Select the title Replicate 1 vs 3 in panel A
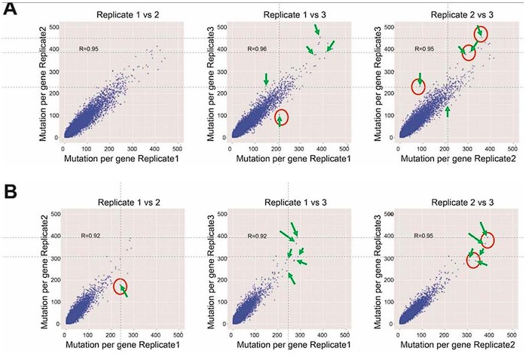click(x=284, y=14)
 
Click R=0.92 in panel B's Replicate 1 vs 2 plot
click(x=90, y=236)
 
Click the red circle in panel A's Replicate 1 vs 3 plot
click(x=281, y=117)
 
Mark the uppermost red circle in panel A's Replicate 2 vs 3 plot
click(x=481, y=34)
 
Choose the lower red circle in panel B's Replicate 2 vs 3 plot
click(x=473, y=261)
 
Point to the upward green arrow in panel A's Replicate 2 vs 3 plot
click(x=448, y=111)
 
